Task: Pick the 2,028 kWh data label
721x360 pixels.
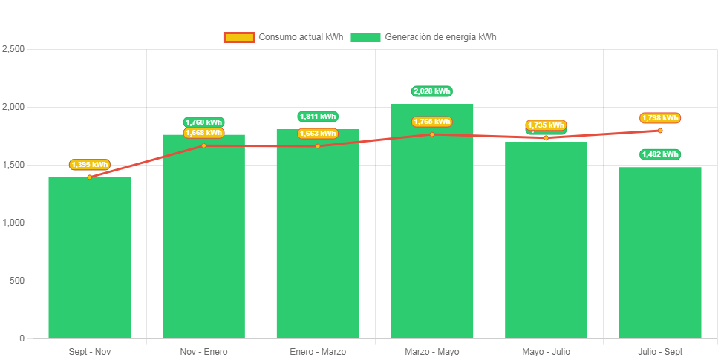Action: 432,91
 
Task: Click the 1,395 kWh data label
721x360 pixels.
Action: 90,165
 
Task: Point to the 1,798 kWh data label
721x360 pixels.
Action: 660,118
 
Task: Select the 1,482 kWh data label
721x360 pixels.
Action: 660,154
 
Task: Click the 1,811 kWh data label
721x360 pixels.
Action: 318,117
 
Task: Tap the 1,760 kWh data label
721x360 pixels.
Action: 203,122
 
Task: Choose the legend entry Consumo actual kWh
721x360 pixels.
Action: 283,37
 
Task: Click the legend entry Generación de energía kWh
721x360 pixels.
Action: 423,37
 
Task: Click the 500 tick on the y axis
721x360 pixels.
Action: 16,281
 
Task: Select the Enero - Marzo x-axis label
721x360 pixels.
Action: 318,351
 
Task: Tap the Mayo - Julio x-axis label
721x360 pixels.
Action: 546,351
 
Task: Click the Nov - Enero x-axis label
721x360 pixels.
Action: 203,351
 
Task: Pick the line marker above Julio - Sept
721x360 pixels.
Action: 660,131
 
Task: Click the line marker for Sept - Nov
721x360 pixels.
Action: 90,177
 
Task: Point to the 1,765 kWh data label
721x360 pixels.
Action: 432,122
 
